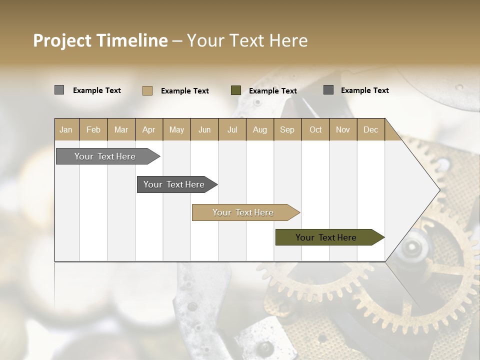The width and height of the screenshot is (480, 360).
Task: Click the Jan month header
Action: point(66,129)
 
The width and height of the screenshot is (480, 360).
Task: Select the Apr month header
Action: point(149,129)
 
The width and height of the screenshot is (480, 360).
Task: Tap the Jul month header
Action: point(232,129)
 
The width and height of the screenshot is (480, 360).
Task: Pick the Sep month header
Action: point(287,129)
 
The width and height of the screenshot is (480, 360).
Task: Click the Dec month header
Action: point(370,129)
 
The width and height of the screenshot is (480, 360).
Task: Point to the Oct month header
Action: point(315,129)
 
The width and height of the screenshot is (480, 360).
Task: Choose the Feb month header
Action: point(93,129)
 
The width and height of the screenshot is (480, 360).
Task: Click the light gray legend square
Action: point(59,90)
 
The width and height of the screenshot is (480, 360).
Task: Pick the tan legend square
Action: point(147,90)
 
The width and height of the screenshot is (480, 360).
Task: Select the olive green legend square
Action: point(236,90)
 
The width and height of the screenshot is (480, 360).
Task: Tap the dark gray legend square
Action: point(328,90)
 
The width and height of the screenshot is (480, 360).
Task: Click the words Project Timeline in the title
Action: point(100,40)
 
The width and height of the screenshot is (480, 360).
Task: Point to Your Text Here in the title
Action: point(247,40)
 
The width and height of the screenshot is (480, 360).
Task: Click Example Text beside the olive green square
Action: point(272,91)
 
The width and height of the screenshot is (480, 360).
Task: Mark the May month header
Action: point(176,129)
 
